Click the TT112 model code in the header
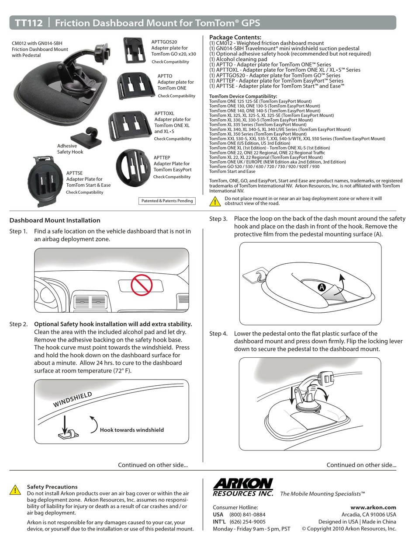[x=29, y=23]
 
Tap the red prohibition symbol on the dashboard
[x=141, y=285]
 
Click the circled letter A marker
[x=322, y=287]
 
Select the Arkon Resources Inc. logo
[x=243, y=487]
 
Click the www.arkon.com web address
[x=373, y=507]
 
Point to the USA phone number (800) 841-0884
[x=247, y=514]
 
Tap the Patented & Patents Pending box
[x=166, y=201]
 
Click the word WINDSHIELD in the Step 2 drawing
[x=73, y=399]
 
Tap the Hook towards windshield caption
[x=132, y=430]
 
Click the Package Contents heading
[x=235, y=37]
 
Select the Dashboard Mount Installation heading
[x=55, y=220]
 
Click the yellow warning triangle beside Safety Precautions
[x=15, y=489]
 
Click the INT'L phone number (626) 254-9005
[x=247, y=521]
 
